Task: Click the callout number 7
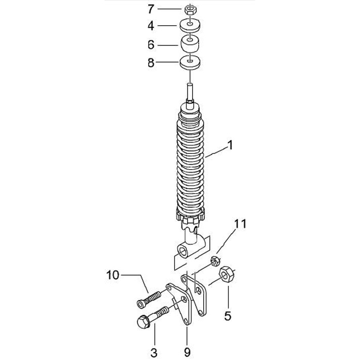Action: coord(151,9)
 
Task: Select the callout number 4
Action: coord(151,26)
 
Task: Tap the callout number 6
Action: coord(151,45)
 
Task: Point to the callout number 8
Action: coord(151,63)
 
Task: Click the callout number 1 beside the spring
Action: coord(230,145)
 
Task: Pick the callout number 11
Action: coord(240,224)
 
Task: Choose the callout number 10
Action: coord(113,275)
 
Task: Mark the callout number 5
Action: coord(227,316)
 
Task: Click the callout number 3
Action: coord(154,353)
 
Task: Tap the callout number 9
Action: coord(187,352)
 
